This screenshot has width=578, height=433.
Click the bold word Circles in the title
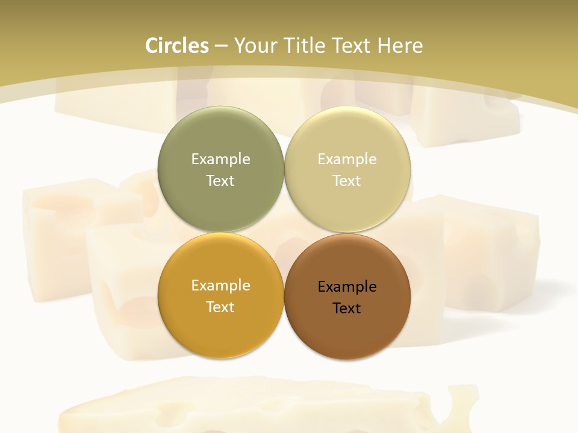pos(177,46)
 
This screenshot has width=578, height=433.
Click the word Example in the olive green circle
pos(220,159)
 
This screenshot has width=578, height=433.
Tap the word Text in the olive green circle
pos(220,180)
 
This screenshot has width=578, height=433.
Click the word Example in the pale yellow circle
pos(347,159)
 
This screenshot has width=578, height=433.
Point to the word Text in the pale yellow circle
pos(347,180)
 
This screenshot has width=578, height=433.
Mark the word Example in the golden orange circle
pos(220,285)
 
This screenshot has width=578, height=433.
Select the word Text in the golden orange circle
pos(220,307)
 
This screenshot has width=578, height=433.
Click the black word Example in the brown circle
pos(347,286)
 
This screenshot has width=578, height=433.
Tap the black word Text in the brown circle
pos(347,308)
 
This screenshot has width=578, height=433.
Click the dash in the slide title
pos(221,46)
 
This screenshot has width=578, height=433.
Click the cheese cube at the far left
pos(54,241)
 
